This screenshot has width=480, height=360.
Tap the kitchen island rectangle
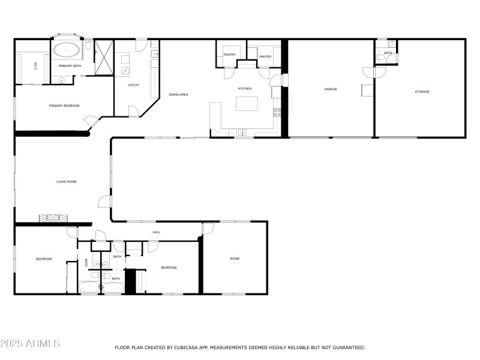click(248, 104)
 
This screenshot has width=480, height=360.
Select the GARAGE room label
click(331, 89)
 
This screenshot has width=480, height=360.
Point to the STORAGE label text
click(422, 91)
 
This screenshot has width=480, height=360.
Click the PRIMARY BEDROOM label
click(64, 106)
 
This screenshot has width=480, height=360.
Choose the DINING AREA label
click(178, 95)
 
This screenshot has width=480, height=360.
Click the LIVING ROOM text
click(66, 181)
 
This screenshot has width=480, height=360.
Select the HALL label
click(157, 232)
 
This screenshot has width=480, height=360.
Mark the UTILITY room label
click(134, 85)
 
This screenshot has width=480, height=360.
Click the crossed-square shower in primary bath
click(104, 58)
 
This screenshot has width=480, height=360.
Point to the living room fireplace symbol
click(55, 218)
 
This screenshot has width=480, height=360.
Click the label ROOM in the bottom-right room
click(235, 259)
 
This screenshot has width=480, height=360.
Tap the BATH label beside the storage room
click(388, 53)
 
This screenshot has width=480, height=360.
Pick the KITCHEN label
click(244, 89)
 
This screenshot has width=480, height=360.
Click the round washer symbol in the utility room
click(125, 70)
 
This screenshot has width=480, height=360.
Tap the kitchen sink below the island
click(242, 131)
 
